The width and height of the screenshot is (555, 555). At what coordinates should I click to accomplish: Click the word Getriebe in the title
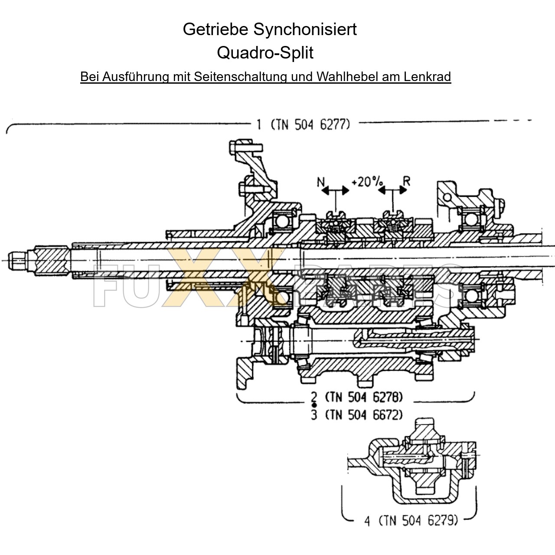pos(215,29)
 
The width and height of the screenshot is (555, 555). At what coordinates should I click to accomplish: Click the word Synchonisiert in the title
pos(305,29)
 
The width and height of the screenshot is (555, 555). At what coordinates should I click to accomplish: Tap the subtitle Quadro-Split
pos(265,53)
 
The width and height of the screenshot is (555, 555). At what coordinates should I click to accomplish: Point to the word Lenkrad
pos(428,77)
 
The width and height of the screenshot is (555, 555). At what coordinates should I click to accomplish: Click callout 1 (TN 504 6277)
pos(303,125)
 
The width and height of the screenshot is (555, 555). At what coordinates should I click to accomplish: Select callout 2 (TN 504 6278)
pos(357,397)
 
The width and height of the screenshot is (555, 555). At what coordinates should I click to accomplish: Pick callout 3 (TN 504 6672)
pos(357,415)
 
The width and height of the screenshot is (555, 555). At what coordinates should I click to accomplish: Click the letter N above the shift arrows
pos(321,181)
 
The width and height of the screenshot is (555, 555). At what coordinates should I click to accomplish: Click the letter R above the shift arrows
pos(406,180)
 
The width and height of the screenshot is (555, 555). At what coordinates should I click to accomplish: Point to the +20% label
pos(367,181)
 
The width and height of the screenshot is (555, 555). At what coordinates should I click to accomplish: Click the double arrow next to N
pos(336,191)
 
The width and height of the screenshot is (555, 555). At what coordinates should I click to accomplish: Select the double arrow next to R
pos(393,191)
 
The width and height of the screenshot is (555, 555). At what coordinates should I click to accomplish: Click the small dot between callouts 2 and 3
pos(314,405)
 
